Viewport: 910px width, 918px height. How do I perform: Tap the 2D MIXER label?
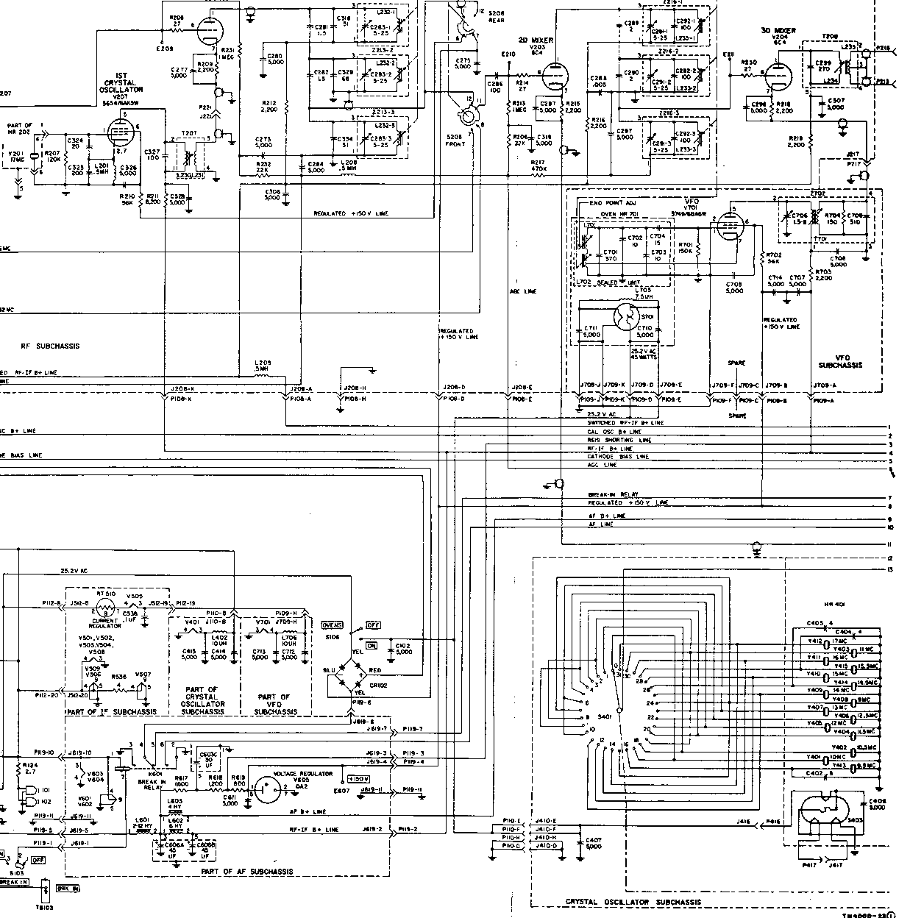[x=537, y=40]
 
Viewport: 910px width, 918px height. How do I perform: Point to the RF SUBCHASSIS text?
[x=51, y=345]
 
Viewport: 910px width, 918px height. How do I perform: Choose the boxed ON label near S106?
[x=371, y=645]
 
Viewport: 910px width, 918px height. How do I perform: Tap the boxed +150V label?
[x=358, y=778]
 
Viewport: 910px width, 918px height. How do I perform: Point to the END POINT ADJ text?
[x=613, y=203]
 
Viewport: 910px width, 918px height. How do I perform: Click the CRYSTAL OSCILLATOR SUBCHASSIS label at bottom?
[x=633, y=902]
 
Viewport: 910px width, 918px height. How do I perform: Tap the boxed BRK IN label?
[x=68, y=888]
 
